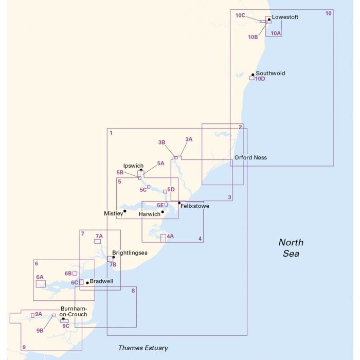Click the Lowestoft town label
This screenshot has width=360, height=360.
(x=284, y=17)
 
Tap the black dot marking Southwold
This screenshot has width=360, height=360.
(x=253, y=75)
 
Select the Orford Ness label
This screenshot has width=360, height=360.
(x=250, y=157)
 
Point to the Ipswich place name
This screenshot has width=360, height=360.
(x=133, y=166)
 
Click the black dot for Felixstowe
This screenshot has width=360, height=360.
(x=179, y=203)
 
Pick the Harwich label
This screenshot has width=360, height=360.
(x=150, y=213)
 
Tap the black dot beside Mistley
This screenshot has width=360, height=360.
(x=125, y=211)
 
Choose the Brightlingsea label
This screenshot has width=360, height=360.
(x=130, y=253)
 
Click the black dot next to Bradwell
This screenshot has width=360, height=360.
(x=87, y=282)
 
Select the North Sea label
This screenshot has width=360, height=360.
(x=291, y=248)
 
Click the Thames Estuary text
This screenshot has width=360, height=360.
(x=143, y=348)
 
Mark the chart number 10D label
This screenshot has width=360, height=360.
(x=260, y=79)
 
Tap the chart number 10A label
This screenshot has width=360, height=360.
(x=276, y=33)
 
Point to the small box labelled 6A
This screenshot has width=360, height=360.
(x=40, y=283)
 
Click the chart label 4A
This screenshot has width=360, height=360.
(x=170, y=236)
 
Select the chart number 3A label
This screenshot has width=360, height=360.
(x=189, y=139)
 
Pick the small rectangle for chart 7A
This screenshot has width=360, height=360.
(x=97, y=241)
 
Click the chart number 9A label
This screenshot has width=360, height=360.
(x=39, y=314)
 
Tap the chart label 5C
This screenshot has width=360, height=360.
(x=143, y=190)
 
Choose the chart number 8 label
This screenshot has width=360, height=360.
(x=133, y=291)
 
